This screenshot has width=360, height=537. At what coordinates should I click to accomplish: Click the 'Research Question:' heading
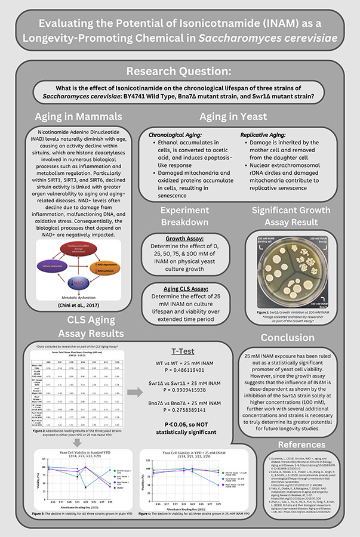[x=180, y=73]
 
